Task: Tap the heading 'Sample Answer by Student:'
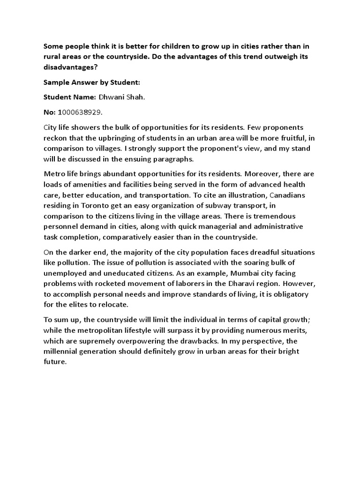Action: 92,82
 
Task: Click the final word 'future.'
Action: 55,362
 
